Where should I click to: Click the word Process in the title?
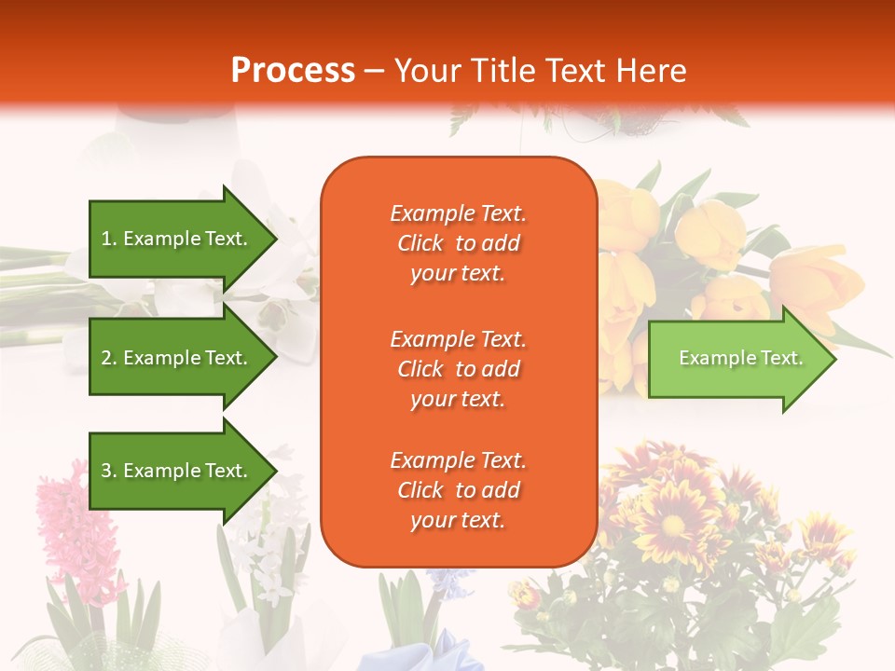293,71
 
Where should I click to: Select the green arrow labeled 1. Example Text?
177,239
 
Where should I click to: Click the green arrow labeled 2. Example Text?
177,358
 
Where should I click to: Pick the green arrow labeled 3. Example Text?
177,471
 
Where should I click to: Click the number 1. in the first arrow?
109,239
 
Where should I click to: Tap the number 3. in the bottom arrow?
109,471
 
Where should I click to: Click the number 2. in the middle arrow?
109,358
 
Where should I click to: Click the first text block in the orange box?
458,243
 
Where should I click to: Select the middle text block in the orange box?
458,369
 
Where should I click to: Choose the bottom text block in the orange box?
458,490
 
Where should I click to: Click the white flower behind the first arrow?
280,270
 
